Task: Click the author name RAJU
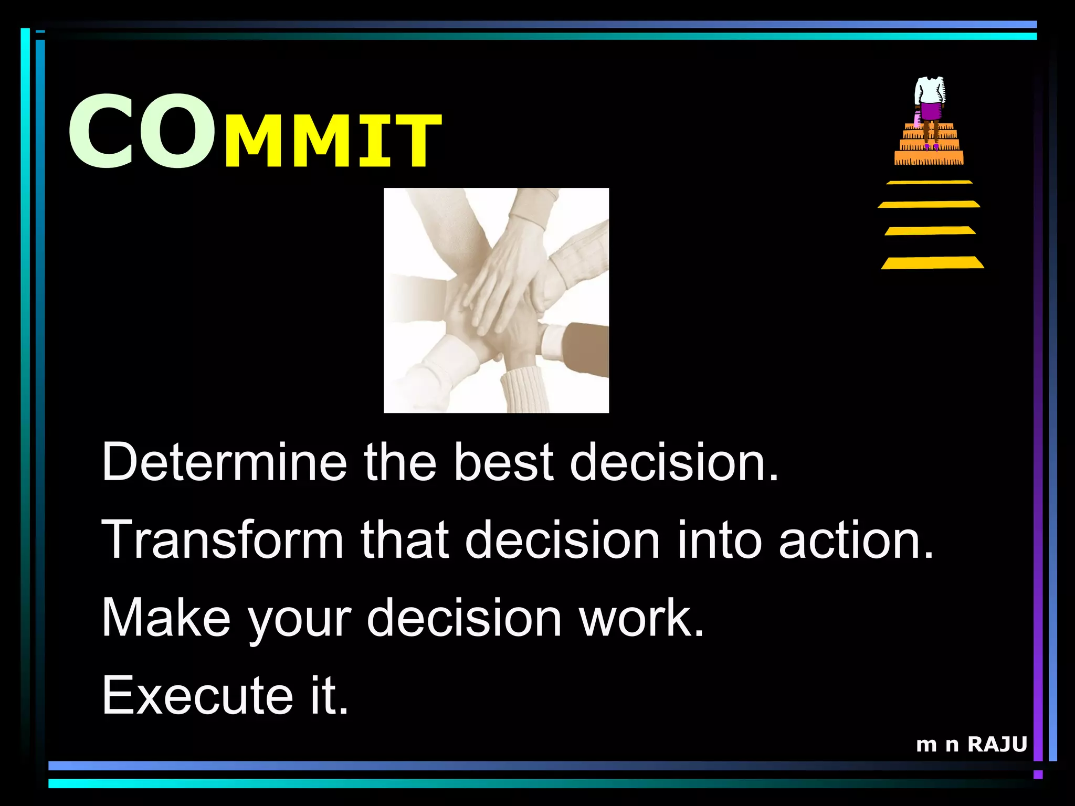pyautogui.click(x=997, y=744)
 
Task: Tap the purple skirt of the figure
pyautogui.click(x=931, y=111)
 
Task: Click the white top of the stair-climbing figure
pyautogui.click(x=930, y=91)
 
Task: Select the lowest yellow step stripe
pyautogui.click(x=932, y=263)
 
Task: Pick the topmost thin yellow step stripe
pyautogui.click(x=930, y=182)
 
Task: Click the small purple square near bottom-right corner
pyautogui.click(x=1038, y=775)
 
